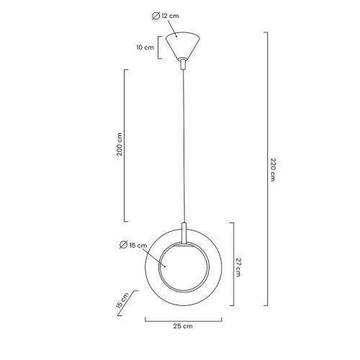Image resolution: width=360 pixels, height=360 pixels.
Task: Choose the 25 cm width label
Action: pyautogui.click(x=183, y=326)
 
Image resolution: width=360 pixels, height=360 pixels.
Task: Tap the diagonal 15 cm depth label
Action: pyautogui.click(x=124, y=300)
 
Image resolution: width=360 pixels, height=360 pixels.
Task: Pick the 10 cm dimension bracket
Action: pyautogui.click(x=159, y=48)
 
